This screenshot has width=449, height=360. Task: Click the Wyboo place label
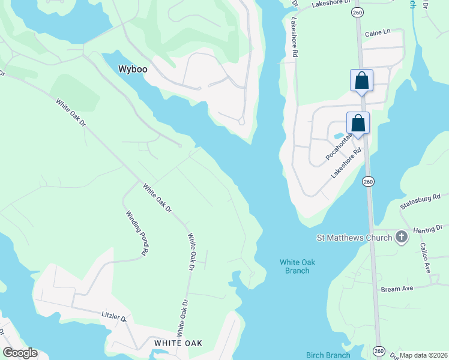point(133,69)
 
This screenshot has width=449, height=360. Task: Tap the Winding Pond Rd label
point(137,233)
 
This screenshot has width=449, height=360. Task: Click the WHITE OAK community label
point(178,343)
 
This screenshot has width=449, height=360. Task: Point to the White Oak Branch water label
point(295,266)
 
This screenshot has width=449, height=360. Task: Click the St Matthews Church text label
point(354,238)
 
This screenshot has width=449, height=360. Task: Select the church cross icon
point(402,238)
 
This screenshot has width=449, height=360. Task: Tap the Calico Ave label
point(427,259)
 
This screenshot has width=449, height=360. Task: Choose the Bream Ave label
point(397,289)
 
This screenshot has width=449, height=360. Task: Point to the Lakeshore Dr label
point(330,4)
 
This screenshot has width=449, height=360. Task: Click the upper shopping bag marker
point(361,80)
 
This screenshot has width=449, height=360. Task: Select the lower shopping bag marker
point(358,123)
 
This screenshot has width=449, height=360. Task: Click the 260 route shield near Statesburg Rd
point(369,181)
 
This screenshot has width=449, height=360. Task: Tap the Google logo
point(20,353)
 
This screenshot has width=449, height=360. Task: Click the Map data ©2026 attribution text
point(423,355)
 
